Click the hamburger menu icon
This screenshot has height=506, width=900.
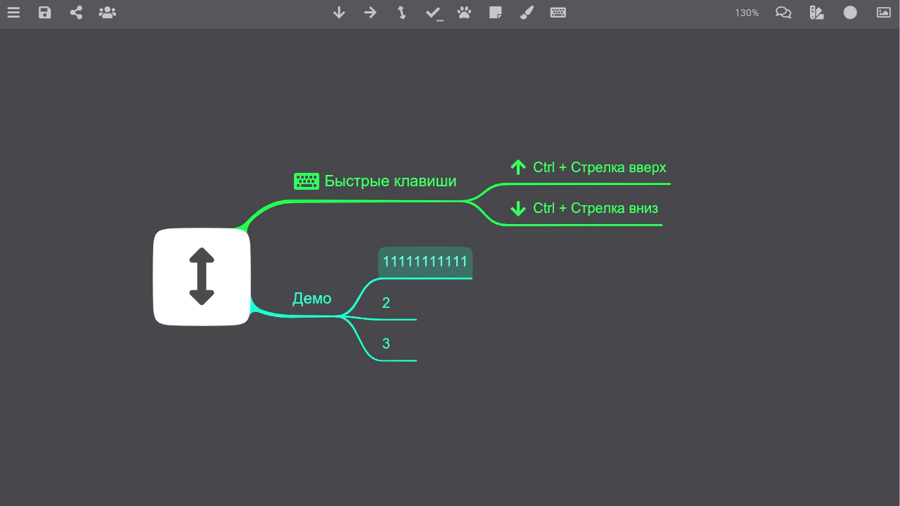[x=13, y=13]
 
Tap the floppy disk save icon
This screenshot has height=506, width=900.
[x=44, y=13]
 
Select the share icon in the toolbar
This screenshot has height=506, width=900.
[x=76, y=13]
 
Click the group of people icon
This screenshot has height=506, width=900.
[x=108, y=13]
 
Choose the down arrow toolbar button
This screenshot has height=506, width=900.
[x=339, y=13]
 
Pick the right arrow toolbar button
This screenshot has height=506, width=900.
[x=370, y=13]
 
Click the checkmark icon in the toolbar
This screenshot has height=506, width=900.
[x=434, y=13]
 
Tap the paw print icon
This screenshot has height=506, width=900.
[x=464, y=13]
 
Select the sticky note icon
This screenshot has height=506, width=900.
[x=496, y=13]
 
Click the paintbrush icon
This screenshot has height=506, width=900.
[x=527, y=13]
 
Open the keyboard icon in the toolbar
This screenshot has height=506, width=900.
[x=558, y=13]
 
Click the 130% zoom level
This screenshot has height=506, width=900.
[x=747, y=13]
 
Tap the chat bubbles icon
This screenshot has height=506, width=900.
[x=783, y=13]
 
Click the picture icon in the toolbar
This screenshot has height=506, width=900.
[x=884, y=13]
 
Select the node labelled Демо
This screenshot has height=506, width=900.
[x=311, y=299]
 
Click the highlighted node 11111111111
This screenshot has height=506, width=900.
[x=425, y=262]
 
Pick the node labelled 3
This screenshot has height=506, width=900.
[x=386, y=344]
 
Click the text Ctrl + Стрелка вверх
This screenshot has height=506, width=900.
[x=600, y=167]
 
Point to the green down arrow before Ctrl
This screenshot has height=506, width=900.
[x=518, y=209]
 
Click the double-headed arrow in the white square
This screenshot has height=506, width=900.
[x=202, y=276]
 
